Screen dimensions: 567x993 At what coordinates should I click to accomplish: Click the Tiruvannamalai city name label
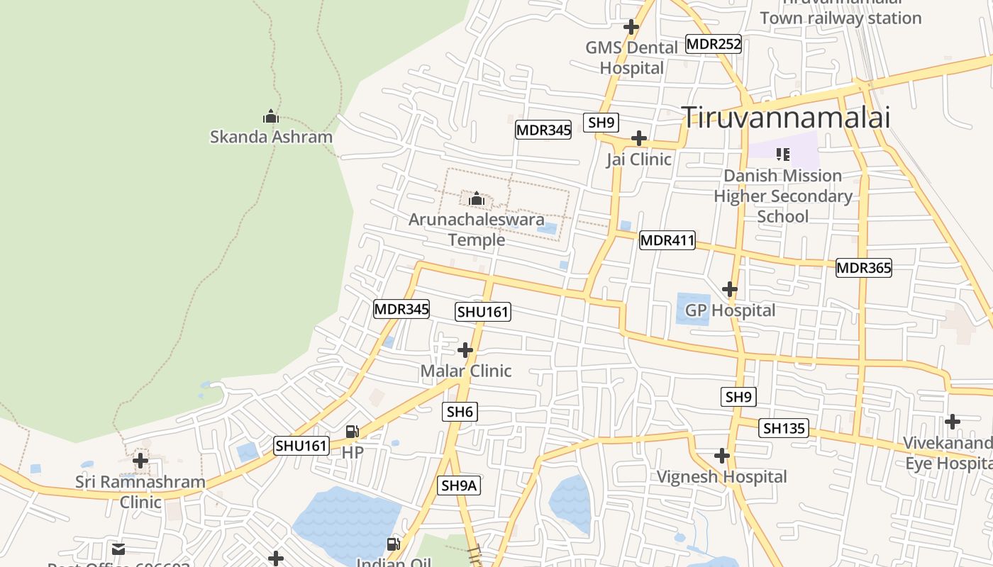[785, 117]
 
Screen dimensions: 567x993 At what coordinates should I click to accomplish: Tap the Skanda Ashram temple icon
[270, 116]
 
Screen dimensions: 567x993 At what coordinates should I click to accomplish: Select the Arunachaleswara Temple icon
[477, 198]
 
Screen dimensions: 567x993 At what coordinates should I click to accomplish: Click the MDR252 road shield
[714, 44]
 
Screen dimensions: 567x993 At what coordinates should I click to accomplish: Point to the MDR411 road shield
[667, 240]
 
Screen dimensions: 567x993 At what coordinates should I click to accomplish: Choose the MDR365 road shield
[863, 268]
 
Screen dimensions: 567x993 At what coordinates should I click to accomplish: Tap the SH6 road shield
[460, 412]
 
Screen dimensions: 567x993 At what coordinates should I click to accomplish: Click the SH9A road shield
[460, 485]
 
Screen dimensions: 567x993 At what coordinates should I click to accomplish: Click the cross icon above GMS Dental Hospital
[631, 27]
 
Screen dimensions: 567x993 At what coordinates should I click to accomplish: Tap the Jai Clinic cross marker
[639, 137]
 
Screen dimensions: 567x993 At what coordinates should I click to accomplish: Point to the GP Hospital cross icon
[729, 289]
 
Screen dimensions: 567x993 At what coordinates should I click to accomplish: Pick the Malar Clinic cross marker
[465, 350]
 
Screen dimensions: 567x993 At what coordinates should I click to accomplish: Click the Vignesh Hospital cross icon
[722, 456]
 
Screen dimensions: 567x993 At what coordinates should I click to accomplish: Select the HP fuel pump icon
[352, 431]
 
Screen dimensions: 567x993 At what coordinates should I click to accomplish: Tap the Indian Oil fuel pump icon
[393, 544]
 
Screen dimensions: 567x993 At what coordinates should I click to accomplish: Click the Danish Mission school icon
[783, 154]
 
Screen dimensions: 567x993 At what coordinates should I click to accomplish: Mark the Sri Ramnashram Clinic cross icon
[140, 461]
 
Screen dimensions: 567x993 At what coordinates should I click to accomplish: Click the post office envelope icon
[118, 549]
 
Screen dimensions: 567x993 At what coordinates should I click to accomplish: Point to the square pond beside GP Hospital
[693, 309]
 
